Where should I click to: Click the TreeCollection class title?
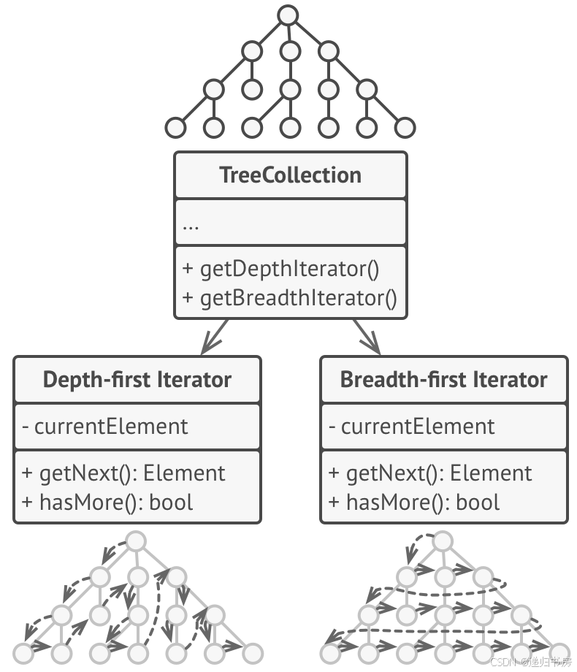pyautogui.click(x=290, y=175)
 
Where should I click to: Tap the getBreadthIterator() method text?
pyautogui.click(x=289, y=298)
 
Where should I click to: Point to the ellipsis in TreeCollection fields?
pyautogui.click(x=191, y=224)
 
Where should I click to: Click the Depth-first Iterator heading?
pyautogui.click(x=137, y=380)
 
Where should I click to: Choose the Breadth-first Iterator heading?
pyautogui.click(x=443, y=380)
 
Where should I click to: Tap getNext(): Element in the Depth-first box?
pyautogui.click(x=123, y=473)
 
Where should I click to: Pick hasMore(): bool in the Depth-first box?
pyautogui.click(x=107, y=503)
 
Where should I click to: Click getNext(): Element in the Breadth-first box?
pyautogui.click(x=430, y=473)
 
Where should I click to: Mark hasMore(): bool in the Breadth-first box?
pyautogui.click(x=414, y=503)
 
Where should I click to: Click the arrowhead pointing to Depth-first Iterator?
pyautogui.click(x=213, y=343)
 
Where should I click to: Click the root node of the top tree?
pyautogui.click(x=289, y=15)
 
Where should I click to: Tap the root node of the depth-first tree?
pyautogui.click(x=137, y=541)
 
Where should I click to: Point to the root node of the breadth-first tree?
pyautogui.click(x=443, y=541)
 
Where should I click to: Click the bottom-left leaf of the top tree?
pyautogui.click(x=175, y=128)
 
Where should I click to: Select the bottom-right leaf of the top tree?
pyautogui.click(x=405, y=128)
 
